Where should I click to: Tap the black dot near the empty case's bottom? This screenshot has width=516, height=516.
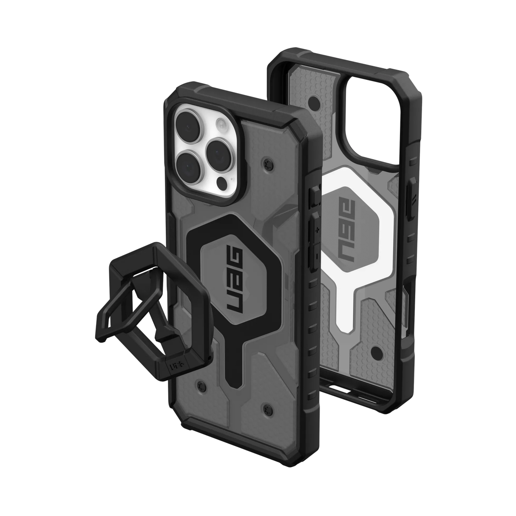pos(376,352)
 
